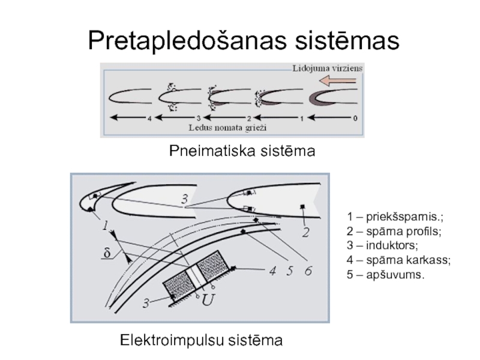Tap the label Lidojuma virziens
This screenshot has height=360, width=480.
click(327, 68)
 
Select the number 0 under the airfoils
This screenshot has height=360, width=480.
click(355, 118)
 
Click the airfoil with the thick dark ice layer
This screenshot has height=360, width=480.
click(331, 97)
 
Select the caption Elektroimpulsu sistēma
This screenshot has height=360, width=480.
click(201, 341)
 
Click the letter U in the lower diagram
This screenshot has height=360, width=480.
click(208, 299)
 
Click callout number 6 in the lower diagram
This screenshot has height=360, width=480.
click(308, 271)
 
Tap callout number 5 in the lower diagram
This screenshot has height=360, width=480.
click(290, 271)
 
